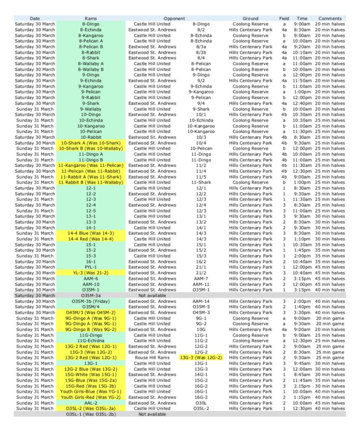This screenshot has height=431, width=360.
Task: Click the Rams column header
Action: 91,18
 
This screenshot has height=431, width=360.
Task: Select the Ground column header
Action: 250,18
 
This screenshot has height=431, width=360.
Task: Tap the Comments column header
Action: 330,18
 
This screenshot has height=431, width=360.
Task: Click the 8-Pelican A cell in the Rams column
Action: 91,41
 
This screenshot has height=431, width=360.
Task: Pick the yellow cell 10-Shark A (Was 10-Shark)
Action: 91,143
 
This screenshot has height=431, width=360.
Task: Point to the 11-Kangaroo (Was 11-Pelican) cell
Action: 91,165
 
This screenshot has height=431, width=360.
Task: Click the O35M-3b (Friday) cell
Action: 91,301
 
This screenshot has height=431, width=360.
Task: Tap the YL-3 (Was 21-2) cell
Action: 91,273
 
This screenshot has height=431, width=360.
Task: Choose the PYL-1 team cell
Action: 91,267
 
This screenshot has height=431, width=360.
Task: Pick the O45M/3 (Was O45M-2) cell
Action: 91,313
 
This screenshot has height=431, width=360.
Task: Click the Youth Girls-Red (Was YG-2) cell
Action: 91,397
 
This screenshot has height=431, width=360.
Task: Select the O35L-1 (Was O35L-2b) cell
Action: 91,414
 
